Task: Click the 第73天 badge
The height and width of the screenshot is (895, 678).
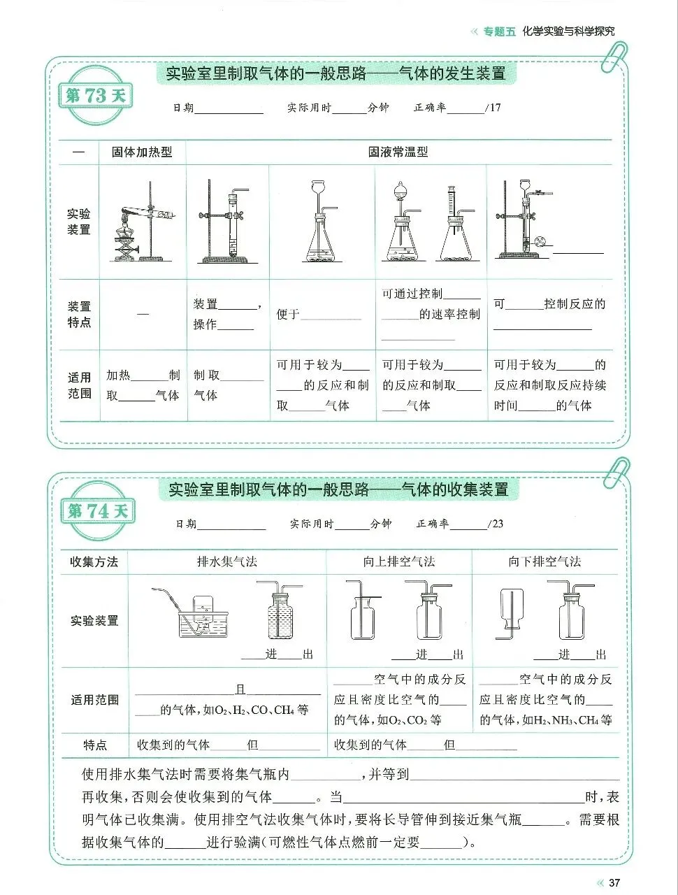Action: [96, 96]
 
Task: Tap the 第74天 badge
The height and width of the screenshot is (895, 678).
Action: [98, 511]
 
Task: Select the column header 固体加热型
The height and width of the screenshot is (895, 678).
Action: [142, 152]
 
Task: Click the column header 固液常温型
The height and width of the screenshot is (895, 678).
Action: [398, 152]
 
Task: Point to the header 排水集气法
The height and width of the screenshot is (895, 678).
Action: [227, 561]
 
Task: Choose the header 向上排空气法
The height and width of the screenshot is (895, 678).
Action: [399, 561]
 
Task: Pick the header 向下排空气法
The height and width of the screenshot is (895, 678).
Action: [544, 561]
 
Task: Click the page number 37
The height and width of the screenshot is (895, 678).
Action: [614, 882]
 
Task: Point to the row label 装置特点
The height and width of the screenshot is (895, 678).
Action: [79, 314]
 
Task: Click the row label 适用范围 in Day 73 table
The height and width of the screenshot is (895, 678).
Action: [79, 385]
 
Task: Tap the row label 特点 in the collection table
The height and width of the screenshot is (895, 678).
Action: [95, 745]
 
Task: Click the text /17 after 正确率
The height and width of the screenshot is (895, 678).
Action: [493, 108]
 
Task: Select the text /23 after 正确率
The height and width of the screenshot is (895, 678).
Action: [496, 524]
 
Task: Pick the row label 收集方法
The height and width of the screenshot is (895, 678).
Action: [94, 561]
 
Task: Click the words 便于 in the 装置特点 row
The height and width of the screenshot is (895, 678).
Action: [288, 315]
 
